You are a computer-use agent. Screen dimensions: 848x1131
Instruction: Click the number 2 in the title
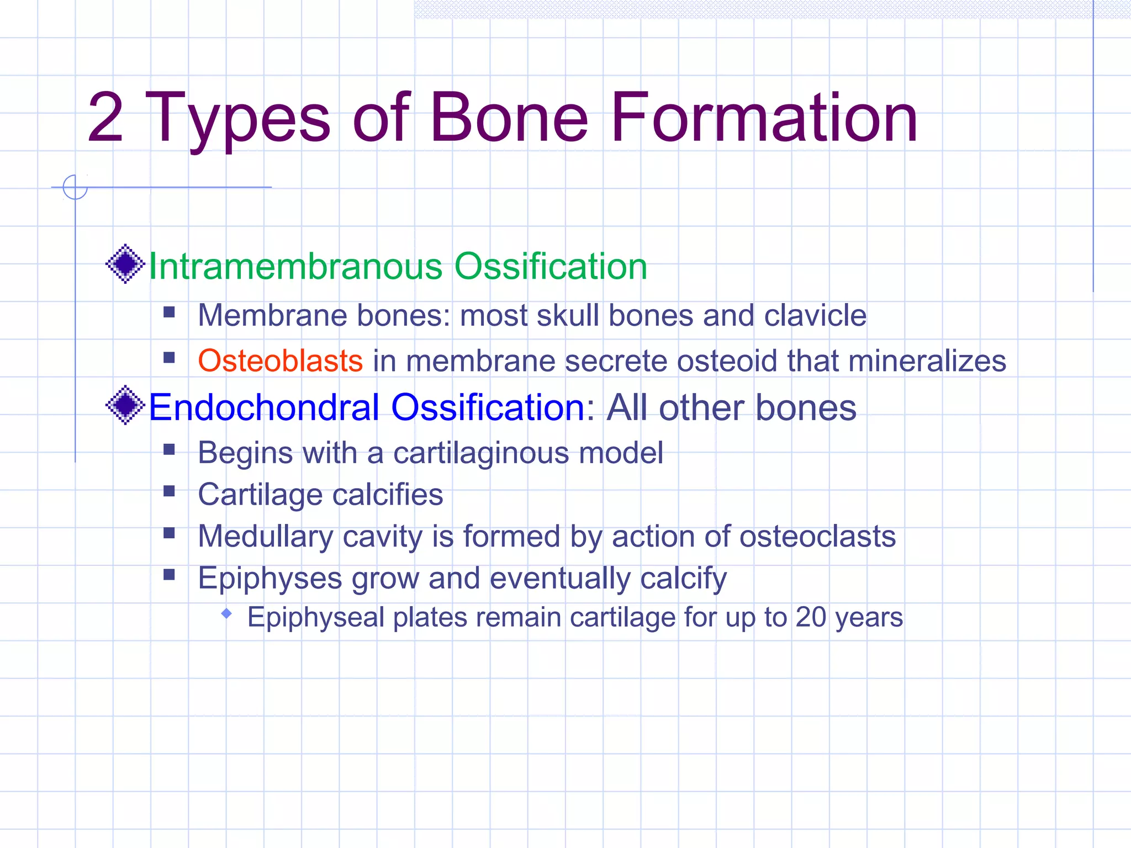105,118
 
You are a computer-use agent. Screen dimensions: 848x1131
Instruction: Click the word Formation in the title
764,118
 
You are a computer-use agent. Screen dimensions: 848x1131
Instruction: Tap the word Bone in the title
509,118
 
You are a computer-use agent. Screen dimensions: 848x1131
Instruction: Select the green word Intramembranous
295,266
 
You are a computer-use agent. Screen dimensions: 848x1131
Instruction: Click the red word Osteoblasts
280,361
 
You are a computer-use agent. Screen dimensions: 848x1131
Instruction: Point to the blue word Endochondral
265,407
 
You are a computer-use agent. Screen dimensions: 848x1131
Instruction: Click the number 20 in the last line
810,617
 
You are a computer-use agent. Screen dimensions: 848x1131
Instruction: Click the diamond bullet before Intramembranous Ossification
125,264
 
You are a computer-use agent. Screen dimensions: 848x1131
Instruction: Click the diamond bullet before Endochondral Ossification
125,405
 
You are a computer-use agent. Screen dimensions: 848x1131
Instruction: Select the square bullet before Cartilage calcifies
169,491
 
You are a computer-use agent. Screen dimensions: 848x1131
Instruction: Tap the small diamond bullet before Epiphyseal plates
226,613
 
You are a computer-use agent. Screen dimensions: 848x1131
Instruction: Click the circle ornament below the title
75,187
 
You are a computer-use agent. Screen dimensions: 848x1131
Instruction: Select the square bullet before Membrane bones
169,313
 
